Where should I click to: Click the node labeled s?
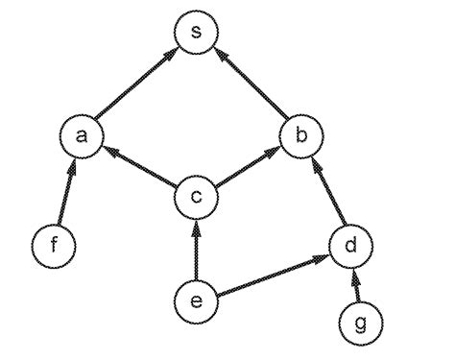[x=195, y=34]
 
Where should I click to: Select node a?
[x=81, y=137]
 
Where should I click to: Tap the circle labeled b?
[x=301, y=137]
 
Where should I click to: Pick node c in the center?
[x=196, y=199]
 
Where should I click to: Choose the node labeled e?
[x=196, y=301]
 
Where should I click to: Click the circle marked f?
[x=53, y=247]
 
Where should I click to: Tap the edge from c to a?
[x=139, y=168]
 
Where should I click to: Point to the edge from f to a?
[x=66, y=192]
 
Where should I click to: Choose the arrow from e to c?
[x=196, y=250]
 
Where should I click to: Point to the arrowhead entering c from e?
[x=196, y=227]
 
